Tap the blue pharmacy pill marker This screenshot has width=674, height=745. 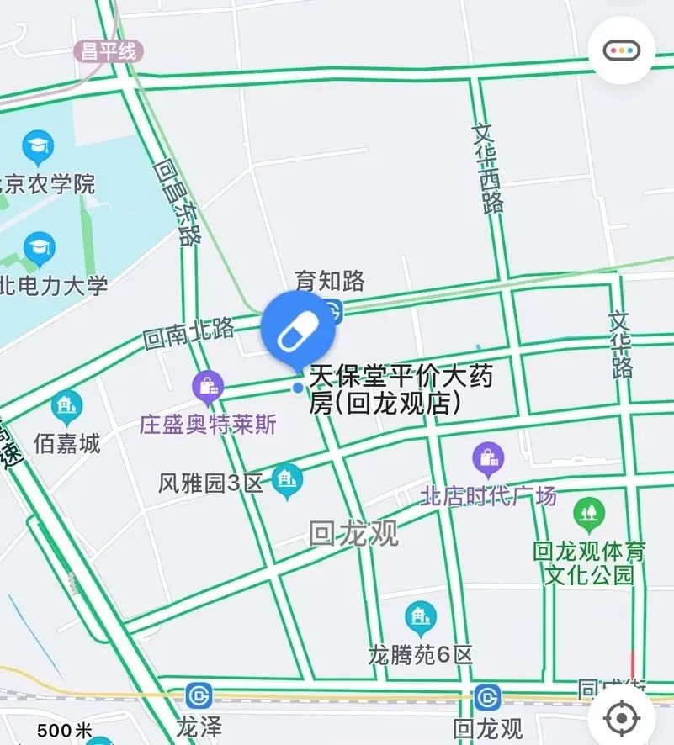click(299, 329)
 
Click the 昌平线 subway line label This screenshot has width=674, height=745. click(109, 51)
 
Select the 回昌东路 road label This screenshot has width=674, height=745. click(177, 203)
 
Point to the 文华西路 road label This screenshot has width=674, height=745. click(489, 168)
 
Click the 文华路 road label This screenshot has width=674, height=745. click(621, 345)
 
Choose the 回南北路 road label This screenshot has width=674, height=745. click(188, 334)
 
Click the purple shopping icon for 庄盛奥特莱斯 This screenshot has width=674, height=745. click(207, 387)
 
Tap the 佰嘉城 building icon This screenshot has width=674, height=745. click(66, 408)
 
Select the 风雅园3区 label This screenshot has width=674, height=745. click(211, 483)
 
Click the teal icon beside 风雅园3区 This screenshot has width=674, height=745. click(289, 480)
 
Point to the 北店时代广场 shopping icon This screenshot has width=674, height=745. click(488, 459)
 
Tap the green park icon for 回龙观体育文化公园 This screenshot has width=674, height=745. click(589, 511)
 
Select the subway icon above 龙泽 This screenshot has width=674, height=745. click(200, 696)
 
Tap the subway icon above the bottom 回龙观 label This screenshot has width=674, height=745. click(487, 698)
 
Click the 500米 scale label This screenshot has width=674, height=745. click(65, 732)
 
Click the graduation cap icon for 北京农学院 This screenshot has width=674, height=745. click(38, 147)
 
